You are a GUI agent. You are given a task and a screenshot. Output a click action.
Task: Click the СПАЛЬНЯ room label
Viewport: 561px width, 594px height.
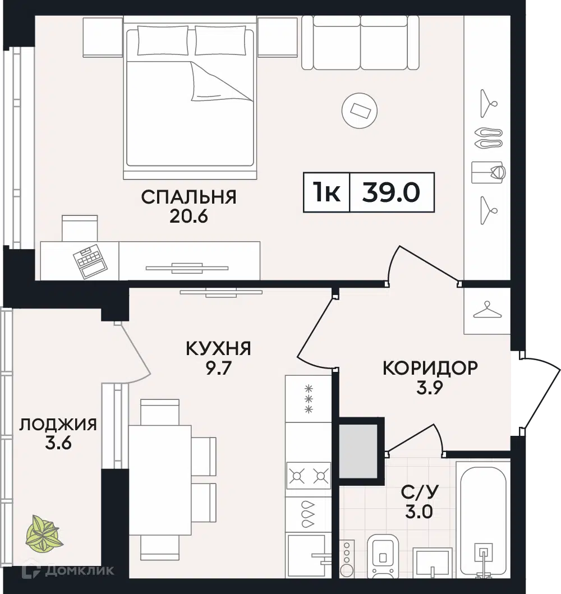point(188,197)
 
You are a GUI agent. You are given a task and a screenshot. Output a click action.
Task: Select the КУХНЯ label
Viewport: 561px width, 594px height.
point(218,349)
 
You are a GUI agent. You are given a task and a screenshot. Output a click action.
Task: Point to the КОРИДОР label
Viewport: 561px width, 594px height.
point(430,368)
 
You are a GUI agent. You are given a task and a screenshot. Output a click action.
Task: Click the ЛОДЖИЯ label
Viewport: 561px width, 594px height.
point(58,425)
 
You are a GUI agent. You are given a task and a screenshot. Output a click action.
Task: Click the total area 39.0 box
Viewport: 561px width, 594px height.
point(391,192)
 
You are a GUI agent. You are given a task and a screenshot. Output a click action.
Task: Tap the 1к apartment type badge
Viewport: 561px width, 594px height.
point(327,192)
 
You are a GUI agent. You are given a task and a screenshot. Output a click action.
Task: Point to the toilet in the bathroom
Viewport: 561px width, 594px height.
point(383,556)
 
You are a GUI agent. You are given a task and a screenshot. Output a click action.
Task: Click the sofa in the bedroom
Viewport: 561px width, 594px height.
point(360,42)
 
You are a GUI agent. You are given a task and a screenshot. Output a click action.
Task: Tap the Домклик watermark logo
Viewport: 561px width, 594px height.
point(71,571)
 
